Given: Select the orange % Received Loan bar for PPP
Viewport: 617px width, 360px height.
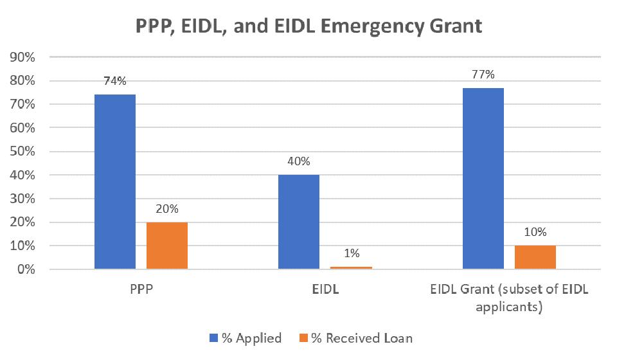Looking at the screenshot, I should click(167, 246).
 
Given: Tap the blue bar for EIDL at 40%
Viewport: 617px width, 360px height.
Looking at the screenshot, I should click(299, 222).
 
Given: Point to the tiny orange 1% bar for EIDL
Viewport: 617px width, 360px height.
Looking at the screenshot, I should click(351, 267).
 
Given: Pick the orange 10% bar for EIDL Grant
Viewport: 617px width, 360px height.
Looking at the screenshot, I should click(535, 257).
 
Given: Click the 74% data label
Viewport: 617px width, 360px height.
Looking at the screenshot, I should click(115, 82).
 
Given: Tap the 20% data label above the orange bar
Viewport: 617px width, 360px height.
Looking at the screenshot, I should click(167, 209).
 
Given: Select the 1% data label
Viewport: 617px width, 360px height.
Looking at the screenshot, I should click(351, 254).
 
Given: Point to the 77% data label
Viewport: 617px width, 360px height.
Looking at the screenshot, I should click(483, 75).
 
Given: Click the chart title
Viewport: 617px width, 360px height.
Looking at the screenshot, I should click(308, 27).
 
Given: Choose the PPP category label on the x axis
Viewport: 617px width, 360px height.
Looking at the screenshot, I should click(141, 289).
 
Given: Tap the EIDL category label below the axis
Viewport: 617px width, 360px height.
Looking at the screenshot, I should click(325, 289).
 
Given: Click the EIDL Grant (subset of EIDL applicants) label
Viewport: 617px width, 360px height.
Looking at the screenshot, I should click(509, 298).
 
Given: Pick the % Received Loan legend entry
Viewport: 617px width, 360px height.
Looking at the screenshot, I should click(355, 338).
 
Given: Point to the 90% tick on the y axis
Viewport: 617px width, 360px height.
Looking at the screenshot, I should click(22, 57).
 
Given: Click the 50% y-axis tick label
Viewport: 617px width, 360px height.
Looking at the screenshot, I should click(22, 152).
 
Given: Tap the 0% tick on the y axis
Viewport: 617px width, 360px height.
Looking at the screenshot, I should click(25, 269).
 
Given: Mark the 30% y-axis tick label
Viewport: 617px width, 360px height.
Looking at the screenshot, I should click(22, 199).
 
